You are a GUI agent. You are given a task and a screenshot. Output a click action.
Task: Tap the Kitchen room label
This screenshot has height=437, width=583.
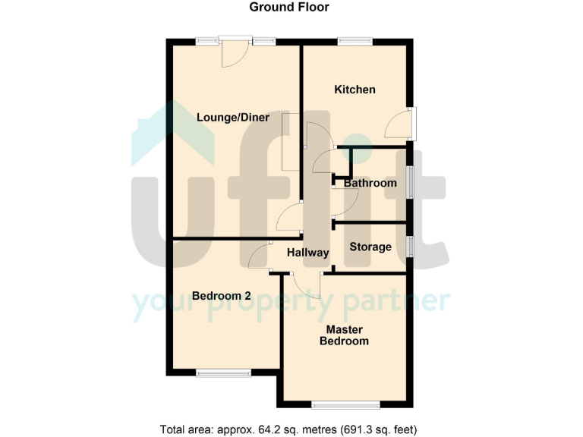click(355, 90)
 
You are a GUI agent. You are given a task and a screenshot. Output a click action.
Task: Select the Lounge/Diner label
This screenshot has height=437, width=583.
click(233, 117)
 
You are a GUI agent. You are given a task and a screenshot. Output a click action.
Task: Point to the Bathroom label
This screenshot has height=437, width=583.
click(370, 183)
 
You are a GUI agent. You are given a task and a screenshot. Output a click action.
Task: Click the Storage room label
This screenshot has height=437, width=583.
click(370, 247)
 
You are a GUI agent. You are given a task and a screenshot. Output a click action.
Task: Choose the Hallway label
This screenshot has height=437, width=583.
click(307, 253)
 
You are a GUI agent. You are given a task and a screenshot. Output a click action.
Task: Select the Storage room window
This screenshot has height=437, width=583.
click(410, 247)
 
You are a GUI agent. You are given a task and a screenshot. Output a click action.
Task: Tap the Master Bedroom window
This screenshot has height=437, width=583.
click(345, 403)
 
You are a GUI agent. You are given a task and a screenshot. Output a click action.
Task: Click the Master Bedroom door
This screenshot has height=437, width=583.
click(307, 285)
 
